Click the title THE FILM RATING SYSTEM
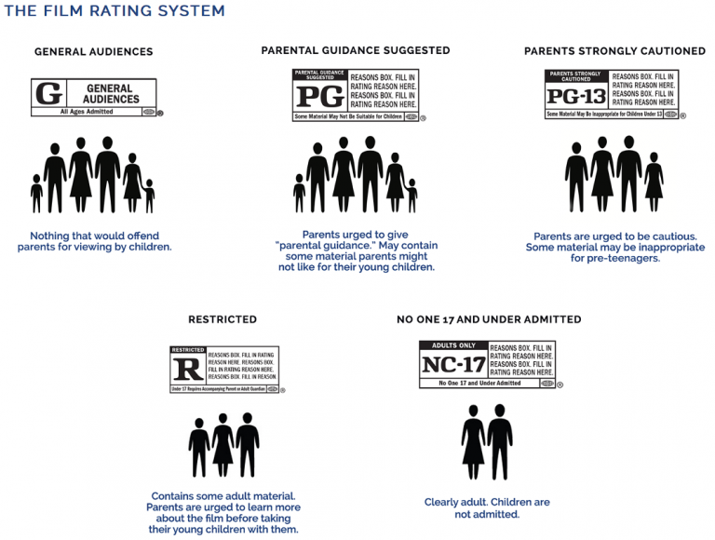tap(115, 11)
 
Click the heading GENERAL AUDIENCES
tap(93, 52)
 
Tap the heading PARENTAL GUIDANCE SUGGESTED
tap(356, 50)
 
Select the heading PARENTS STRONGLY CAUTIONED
tap(614, 51)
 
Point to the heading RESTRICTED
tap(223, 319)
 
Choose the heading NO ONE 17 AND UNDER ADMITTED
tap(489, 319)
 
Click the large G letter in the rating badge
tap(47, 94)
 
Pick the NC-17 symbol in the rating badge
tap(453, 364)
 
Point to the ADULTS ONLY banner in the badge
tap(452, 345)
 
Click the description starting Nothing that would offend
tap(94, 241)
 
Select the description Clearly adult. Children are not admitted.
tap(487, 507)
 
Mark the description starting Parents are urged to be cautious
tap(615, 247)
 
